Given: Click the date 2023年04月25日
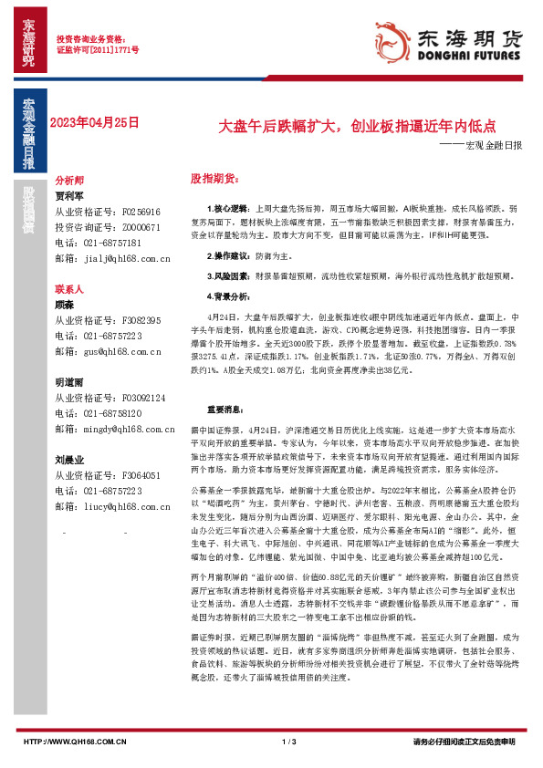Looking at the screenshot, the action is point(95,121).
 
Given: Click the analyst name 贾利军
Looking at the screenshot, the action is point(69,195).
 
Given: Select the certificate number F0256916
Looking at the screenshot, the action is point(141,211).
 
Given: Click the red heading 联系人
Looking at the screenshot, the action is point(69,287).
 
